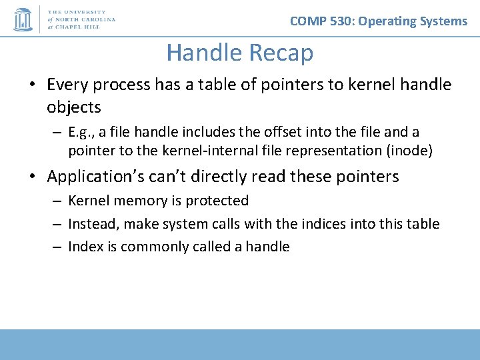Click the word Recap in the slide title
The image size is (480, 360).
click(281, 53)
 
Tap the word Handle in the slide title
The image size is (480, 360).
click(205, 52)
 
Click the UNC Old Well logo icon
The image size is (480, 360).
click(23, 19)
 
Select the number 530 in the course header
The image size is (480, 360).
click(340, 21)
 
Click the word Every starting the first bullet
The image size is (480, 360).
click(67, 85)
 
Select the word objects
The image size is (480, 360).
click(74, 107)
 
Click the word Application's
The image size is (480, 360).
click(95, 177)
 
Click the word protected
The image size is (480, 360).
click(217, 201)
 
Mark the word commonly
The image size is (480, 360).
click(154, 247)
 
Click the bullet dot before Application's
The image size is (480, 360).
click(33, 176)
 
